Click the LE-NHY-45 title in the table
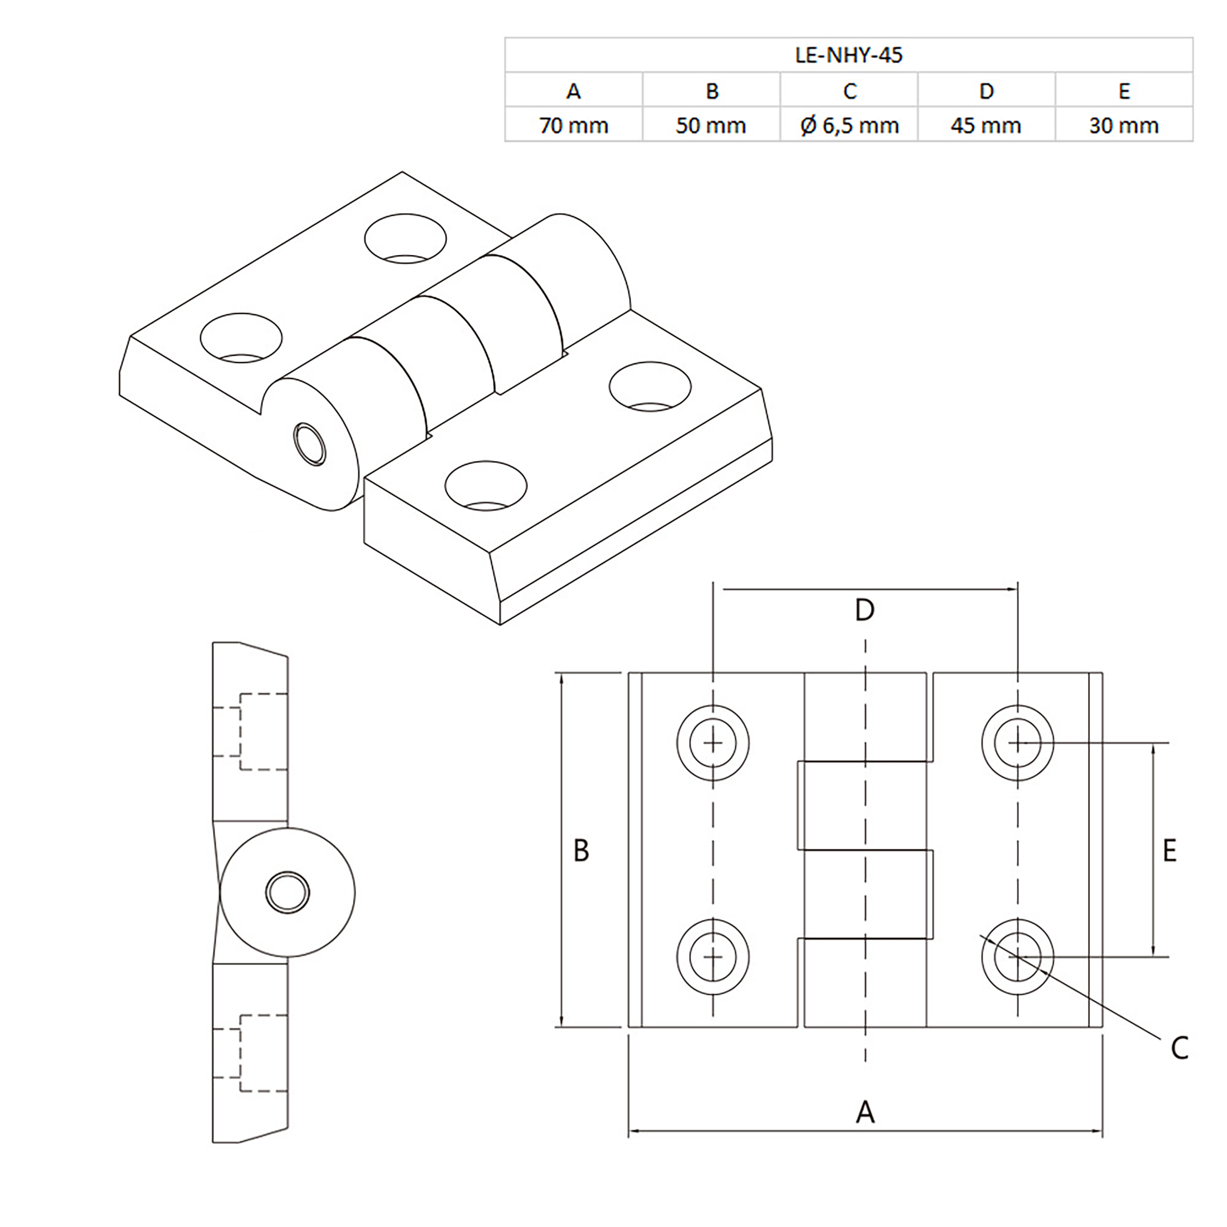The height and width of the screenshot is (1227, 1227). pos(849,55)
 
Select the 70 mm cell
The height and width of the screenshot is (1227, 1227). pos(573,126)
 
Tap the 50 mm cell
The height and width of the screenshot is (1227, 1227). pos(711,126)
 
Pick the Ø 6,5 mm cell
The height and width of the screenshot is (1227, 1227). pos(849,126)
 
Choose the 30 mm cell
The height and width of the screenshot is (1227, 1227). pos(1123,126)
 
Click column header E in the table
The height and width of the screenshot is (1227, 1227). pos(1123,91)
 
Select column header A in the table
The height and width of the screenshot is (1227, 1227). pos(573,91)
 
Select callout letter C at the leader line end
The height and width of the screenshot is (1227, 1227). pos(1179,1048)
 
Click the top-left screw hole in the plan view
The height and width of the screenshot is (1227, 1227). pos(713,743)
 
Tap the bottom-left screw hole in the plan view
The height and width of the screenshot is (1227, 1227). pos(713,957)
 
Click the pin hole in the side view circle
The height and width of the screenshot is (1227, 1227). pos(288,892)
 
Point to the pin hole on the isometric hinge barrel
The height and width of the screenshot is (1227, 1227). pos(310,444)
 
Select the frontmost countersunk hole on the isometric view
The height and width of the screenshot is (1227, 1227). pos(486,486)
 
